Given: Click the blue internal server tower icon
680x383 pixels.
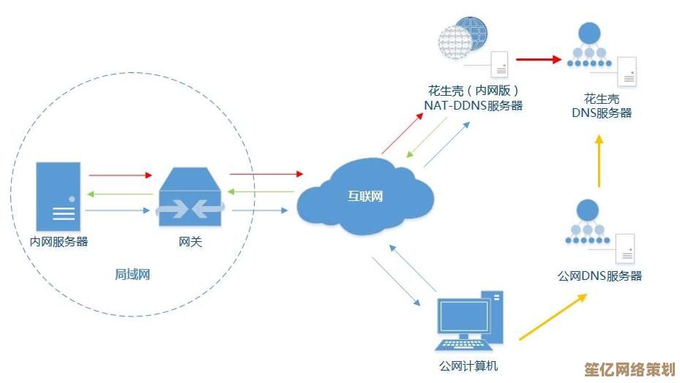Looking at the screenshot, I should tap(58, 195).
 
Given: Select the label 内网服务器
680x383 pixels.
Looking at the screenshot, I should tap(58, 241).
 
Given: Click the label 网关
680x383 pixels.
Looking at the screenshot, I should tap(190, 241).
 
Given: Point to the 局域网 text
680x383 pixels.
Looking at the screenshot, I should tap(132, 275).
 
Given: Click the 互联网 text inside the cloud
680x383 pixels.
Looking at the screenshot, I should tap(365, 196).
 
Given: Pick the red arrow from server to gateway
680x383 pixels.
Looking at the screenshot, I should tap(120, 175).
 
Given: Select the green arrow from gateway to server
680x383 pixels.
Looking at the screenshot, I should tap(120, 194).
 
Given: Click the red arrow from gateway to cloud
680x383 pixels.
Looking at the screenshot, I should tap(266, 174).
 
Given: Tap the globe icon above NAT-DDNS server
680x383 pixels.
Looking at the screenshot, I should tap(463, 34).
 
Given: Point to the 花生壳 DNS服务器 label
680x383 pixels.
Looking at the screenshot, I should tap(601, 106).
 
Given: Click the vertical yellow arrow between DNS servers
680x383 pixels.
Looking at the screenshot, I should tap(599, 161).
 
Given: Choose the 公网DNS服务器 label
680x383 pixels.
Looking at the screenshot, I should tap(599, 276).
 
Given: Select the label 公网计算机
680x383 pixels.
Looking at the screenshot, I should tap(468, 366).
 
